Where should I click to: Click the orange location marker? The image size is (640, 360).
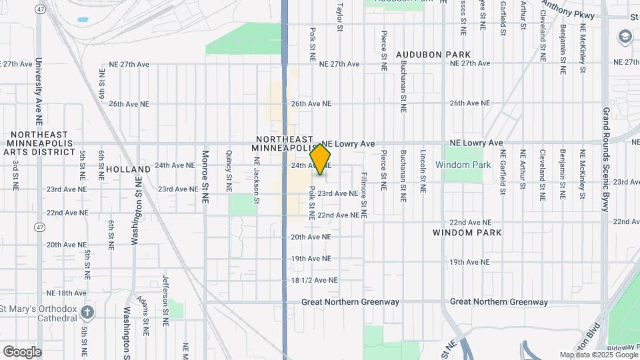(321, 159)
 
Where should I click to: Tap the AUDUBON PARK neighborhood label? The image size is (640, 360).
(433, 55)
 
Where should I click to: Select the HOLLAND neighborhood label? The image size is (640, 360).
(125, 169)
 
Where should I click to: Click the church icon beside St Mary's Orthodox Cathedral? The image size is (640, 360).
(87, 311)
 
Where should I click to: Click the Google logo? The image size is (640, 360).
(22, 352)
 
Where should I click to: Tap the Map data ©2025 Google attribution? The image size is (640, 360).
(599, 355)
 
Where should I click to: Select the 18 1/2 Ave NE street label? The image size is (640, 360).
(314, 281)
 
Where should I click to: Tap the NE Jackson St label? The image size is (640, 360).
(255, 176)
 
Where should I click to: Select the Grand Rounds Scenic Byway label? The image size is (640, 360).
(606, 159)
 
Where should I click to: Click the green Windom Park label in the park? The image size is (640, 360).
(463, 165)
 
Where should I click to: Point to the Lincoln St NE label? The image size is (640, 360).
(423, 171)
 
